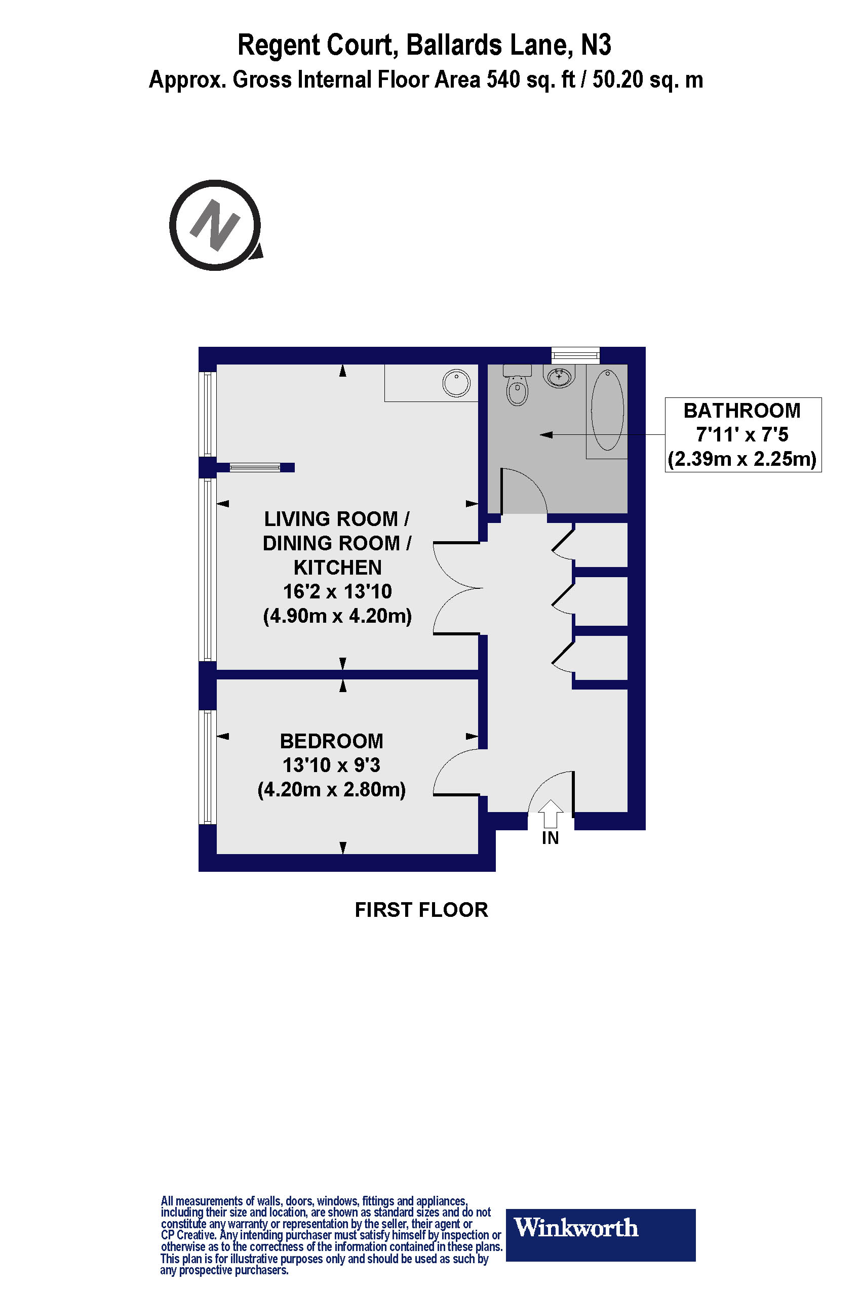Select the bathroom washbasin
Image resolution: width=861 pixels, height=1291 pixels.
coord(559,377)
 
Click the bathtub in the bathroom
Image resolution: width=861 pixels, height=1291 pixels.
coord(607,410)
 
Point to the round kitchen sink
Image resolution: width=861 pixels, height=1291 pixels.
coord(456,383)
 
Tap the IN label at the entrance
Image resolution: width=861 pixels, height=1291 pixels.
coord(550,838)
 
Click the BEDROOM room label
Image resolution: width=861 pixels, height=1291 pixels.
coord(331,741)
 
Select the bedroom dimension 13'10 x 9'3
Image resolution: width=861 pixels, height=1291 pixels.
coord(331,765)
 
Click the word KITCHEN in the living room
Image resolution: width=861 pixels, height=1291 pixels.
coord(337,567)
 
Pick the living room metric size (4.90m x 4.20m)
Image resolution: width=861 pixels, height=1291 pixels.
coord(337,616)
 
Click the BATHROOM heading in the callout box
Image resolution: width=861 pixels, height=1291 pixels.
coord(742,411)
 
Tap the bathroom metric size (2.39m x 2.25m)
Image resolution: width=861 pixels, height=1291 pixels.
coord(742,458)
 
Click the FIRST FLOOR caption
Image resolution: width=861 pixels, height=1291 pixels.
coord(421,909)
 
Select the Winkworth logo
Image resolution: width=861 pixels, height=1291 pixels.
coord(600,1227)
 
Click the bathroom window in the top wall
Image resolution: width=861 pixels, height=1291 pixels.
coord(575,355)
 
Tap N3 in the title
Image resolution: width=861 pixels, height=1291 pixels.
coord(596,45)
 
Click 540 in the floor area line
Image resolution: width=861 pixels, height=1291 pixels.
coord(503,80)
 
